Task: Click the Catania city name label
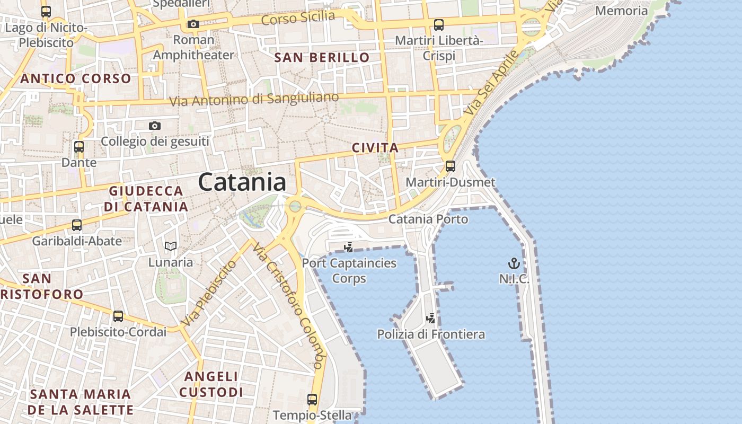pyautogui.click(x=242, y=182)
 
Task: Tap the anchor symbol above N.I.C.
pyautogui.click(x=514, y=263)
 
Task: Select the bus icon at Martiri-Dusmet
pyautogui.click(x=450, y=166)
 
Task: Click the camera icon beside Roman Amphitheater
pyautogui.click(x=193, y=24)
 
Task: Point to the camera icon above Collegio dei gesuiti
pyautogui.click(x=155, y=126)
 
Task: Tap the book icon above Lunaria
pyautogui.click(x=170, y=246)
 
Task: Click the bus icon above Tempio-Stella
pyautogui.click(x=312, y=399)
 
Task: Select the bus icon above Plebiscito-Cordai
pyautogui.click(x=118, y=316)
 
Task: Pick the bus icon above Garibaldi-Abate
pyautogui.click(x=77, y=225)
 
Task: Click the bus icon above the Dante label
pyautogui.click(x=79, y=147)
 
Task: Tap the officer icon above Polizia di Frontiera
pyautogui.click(x=431, y=318)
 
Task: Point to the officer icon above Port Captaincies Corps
pyautogui.click(x=349, y=246)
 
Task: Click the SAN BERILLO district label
pyautogui.click(x=322, y=58)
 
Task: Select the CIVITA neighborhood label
pyautogui.click(x=375, y=148)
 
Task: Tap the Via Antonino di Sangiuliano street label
pyautogui.click(x=254, y=99)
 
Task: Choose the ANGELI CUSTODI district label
pyautogui.click(x=211, y=384)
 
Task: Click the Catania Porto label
pyautogui.click(x=428, y=219)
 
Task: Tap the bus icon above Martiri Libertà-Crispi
pyautogui.click(x=439, y=24)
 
